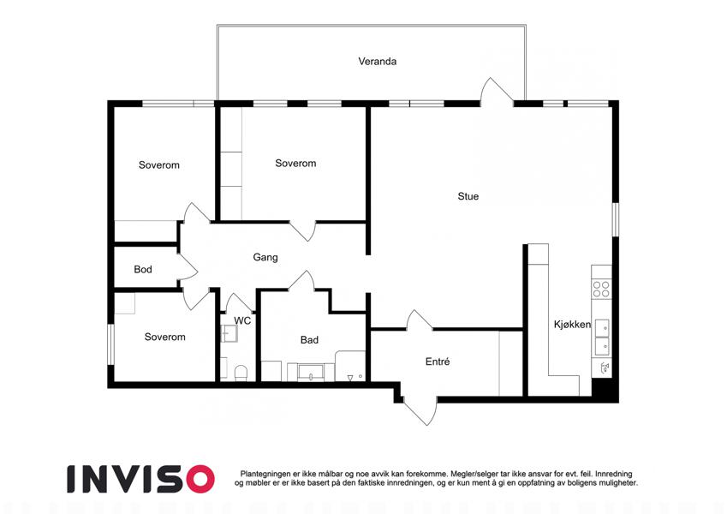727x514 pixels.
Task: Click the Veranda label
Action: [x=377, y=61]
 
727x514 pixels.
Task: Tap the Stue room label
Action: [x=468, y=196]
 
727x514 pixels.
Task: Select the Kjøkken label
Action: [x=572, y=325]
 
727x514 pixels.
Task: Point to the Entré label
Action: [x=438, y=362]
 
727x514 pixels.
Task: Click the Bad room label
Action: [x=309, y=340]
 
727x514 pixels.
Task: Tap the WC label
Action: [x=242, y=320]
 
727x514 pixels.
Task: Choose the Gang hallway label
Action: [x=265, y=258]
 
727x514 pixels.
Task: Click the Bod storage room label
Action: [x=143, y=270]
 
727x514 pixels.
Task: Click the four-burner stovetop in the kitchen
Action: [x=601, y=289]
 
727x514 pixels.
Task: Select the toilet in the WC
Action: [x=241, y=373]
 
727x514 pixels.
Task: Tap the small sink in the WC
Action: [x=229, y=333]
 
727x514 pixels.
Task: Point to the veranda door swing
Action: [x=496, y=91]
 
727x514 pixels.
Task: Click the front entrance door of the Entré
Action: [x=420, y=410]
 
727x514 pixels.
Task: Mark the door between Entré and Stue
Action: [x=419, y=320]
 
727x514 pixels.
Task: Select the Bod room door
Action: [x=188, y=266]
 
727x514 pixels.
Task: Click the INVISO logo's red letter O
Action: [x=200, y=479]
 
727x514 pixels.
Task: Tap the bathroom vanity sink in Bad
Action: [x=311, y=372]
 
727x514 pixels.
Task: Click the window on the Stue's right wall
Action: [x=616, y=219]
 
